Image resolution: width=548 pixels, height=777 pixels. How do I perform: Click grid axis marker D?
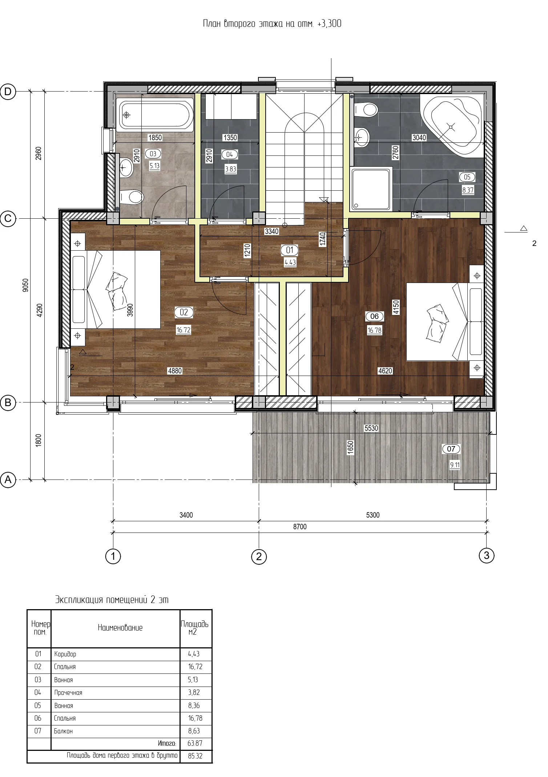tap(8, 92)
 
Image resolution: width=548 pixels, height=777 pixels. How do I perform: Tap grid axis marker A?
tap(8, 479)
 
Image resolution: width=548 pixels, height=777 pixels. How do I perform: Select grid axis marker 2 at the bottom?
tap(259, 556)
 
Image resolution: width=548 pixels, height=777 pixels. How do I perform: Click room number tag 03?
tap(153, 154)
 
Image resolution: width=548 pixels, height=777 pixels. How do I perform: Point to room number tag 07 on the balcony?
tap(451, 449)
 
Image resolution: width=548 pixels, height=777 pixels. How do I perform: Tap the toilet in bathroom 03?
tap(131, 197)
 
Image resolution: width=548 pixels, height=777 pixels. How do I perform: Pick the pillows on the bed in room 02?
tap(117, 290)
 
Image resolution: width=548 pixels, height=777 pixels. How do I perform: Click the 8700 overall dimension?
tap(300, 527)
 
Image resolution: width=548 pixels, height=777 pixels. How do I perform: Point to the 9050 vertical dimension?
tap(25, 285)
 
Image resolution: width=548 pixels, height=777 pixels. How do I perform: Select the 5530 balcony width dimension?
tap(371, 428)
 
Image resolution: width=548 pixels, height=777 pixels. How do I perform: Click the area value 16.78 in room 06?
tap(374, 330)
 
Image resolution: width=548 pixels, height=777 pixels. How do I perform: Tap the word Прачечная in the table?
tap(68, 692)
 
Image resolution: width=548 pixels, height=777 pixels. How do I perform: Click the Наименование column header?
tap(120, 627)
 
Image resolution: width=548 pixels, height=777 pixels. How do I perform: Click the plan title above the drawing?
tap(272, 24)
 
